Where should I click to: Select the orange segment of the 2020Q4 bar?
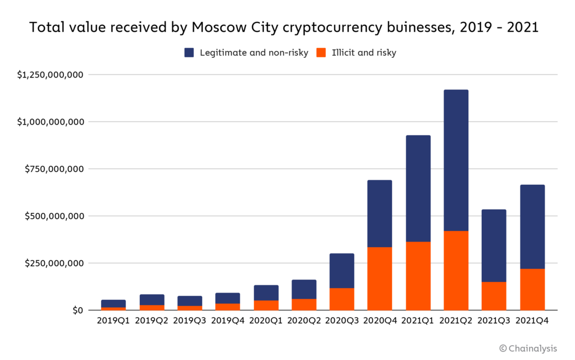tap(380, 279)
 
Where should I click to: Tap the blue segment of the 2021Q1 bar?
tap(418, 188)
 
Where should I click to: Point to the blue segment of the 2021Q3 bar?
tap(494, 245)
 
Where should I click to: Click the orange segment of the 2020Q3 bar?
tap(341, 299)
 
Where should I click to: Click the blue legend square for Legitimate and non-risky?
tap(189, 53)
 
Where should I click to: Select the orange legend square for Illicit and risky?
tap(321, 53)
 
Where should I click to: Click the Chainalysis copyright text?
tap(528, 349)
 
